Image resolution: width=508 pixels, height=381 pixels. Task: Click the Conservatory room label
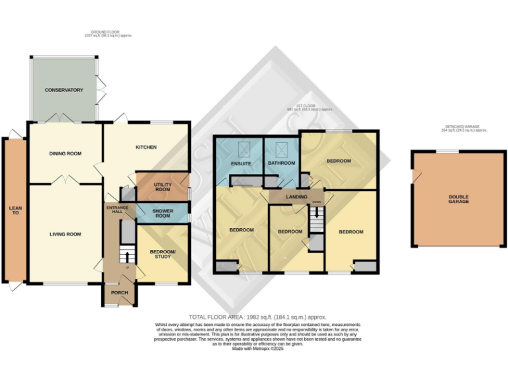[63, 89]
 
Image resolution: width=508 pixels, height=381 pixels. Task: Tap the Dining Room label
[65, 153]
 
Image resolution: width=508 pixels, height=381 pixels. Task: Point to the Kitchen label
[146, 147]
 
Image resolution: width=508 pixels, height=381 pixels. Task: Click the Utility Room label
[162, 187]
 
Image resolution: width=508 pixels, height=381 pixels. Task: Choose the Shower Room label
[162, 213]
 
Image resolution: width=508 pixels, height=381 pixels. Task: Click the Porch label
[118, 294]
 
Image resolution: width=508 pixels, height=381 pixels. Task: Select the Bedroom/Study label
[162, 253]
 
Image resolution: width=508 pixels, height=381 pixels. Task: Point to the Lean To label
[15, 211]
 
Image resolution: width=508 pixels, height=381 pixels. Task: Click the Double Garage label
[458, 198]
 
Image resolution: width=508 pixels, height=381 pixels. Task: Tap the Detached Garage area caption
[458, 128]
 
